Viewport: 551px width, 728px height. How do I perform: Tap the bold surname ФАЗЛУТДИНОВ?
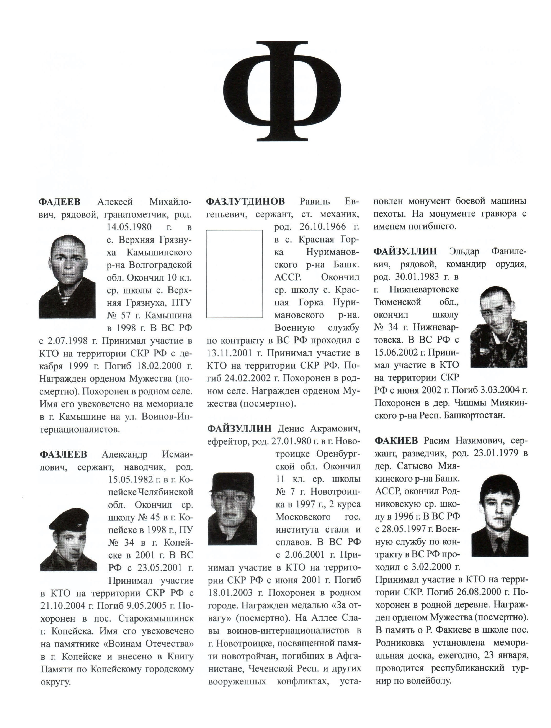click(x=245, y=201)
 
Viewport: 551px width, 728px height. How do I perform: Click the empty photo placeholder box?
click(x=234, y=274)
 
